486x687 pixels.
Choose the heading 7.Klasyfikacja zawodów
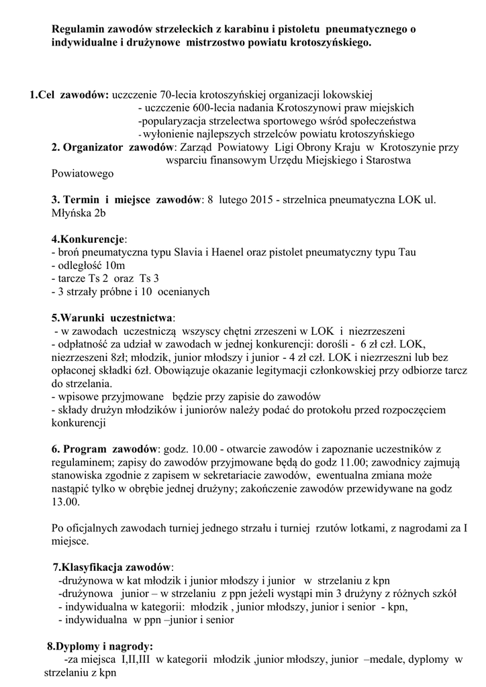click(113, 567)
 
